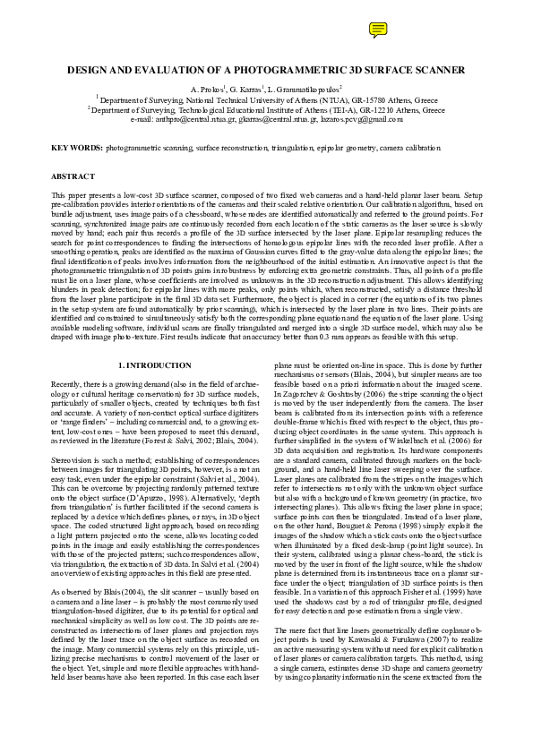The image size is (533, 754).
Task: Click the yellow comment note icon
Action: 376,30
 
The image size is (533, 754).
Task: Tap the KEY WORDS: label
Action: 76,146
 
